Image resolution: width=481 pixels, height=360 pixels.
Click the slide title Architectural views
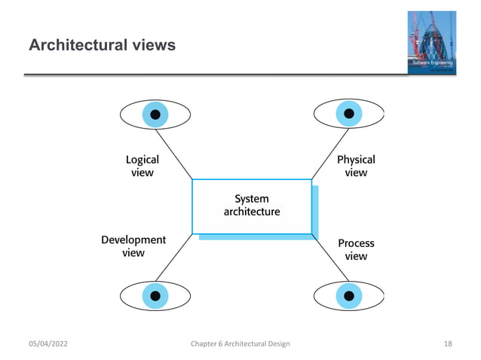point(102,46)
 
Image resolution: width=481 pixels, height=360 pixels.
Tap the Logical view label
point(142,166)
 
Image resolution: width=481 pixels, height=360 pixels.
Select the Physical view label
point(356,166)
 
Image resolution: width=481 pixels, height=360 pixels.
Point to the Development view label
point(133,246)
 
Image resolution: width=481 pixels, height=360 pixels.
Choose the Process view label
point(356,249)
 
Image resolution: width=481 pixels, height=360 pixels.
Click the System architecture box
point(252,206)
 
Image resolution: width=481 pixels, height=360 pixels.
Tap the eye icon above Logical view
point(155,114)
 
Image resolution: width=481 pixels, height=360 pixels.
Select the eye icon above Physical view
point(348,114)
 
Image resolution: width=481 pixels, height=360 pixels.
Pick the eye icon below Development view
point(155,295)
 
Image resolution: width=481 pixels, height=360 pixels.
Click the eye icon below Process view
point(348,295)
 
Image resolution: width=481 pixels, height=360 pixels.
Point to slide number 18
point(448,344)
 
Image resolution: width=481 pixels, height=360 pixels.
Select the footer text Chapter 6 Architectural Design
point(240,344)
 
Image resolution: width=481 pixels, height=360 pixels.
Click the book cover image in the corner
point(433,43)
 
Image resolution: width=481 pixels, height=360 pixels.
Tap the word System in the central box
point(251,199)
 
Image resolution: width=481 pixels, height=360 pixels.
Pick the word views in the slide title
point(153,46)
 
